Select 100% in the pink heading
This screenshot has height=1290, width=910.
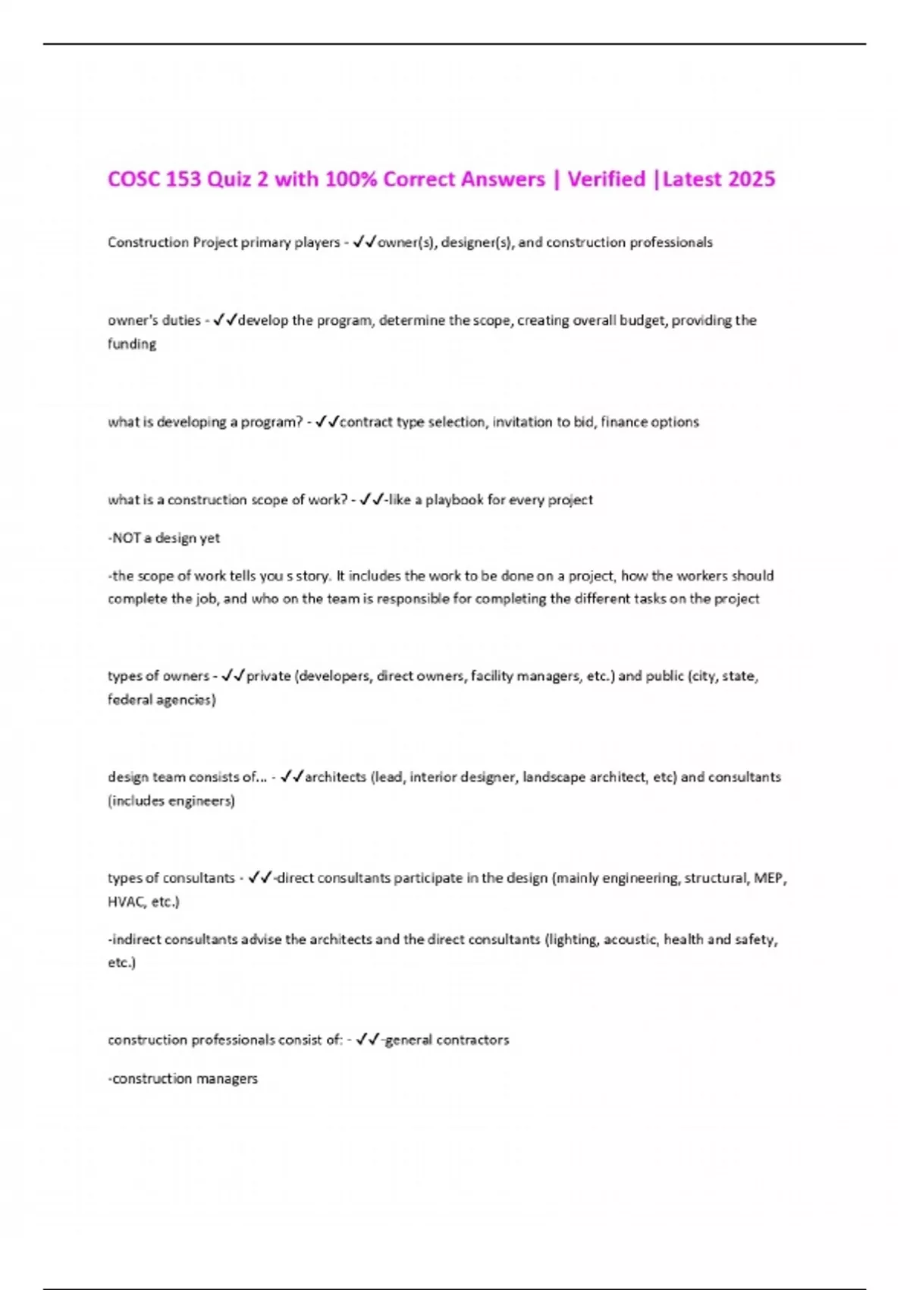coord(351,179)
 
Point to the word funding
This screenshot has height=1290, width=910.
coord(132,344)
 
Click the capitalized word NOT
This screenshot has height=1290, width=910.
coord(127,538)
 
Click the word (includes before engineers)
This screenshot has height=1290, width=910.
coord(136,801)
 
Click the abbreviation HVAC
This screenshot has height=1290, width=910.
coord(125,901)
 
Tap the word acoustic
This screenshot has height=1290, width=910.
coord(630,939)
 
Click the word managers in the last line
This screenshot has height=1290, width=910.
coord(228,1078)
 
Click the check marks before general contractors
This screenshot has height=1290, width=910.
coord(369,1040)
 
